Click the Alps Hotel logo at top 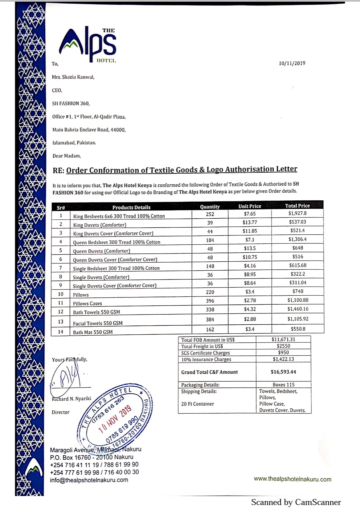[88, 44]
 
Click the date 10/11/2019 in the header [292, 63]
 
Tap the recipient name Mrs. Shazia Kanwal [73, 77]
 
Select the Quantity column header [210, 207]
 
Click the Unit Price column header [250, 206]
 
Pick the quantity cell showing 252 [210, 214]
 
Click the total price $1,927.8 [297, 213]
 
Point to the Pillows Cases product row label [87, 303]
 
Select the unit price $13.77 [250, 222]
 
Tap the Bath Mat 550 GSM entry [93, 332]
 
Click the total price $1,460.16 [298, 309]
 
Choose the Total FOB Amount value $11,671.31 [283, 339]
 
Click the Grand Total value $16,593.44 [283, 372]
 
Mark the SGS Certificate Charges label [205, 353]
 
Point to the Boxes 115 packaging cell [283, 385]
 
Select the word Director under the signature [60, 412]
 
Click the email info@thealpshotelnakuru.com [89, 480]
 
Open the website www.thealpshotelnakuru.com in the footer [293, 479]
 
